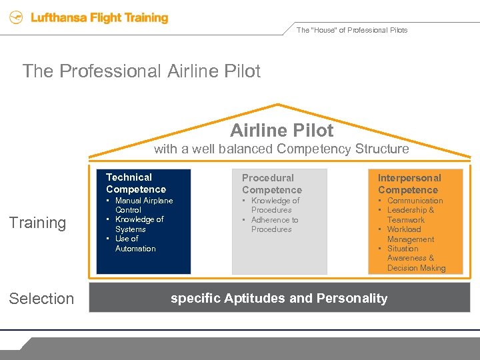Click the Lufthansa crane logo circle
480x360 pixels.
tap(16, 19)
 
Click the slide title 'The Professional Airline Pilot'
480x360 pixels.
tap(141, 71)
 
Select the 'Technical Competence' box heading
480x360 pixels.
tap(135, 183)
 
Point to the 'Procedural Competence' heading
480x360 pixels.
tap(271, 184)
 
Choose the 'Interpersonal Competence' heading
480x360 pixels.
tap(409, 184)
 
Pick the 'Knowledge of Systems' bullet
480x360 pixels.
tap(139, 224)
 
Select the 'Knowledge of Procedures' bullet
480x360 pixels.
tap(275, 205)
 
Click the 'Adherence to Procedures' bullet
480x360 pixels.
tap(274, 225)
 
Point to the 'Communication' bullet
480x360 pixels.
tap(415, 201)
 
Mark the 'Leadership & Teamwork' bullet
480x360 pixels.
tap(410, 215)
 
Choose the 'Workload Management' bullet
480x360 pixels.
tap(410, 234)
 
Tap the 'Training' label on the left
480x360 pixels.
tap(37, 223)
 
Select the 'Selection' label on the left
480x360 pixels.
tap(41, 299)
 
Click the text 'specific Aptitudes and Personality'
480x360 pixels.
tap(279, 299)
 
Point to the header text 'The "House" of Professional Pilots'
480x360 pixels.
tap(351, 30)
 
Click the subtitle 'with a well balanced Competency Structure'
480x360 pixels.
tap(281, 149)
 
